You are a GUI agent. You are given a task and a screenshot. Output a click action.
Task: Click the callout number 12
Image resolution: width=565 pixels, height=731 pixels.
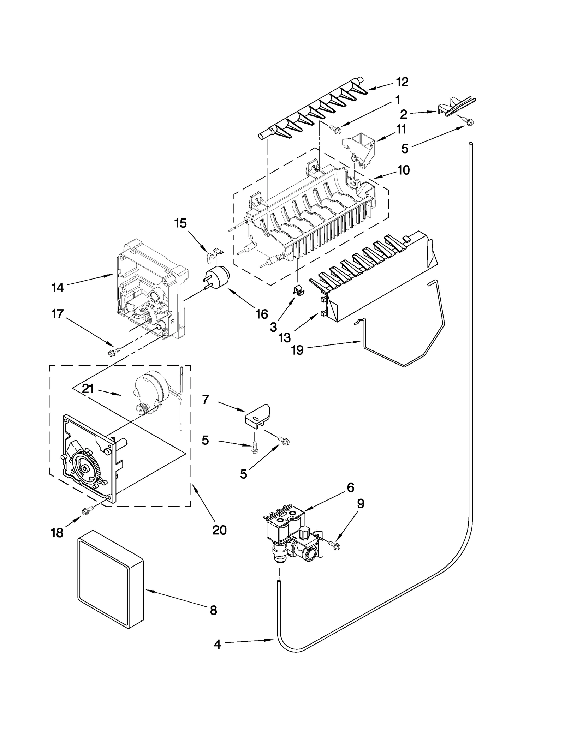402,82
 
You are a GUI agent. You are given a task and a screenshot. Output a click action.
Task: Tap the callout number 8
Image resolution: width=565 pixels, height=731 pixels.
213,610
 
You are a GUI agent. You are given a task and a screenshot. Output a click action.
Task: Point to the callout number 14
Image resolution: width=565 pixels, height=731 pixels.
57,288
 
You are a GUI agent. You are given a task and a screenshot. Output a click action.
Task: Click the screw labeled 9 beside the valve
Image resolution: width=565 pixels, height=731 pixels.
334,545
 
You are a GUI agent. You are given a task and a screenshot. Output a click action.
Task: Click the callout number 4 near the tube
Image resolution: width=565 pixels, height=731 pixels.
217,644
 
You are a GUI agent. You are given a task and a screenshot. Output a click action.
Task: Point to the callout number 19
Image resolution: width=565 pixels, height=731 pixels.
297,350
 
